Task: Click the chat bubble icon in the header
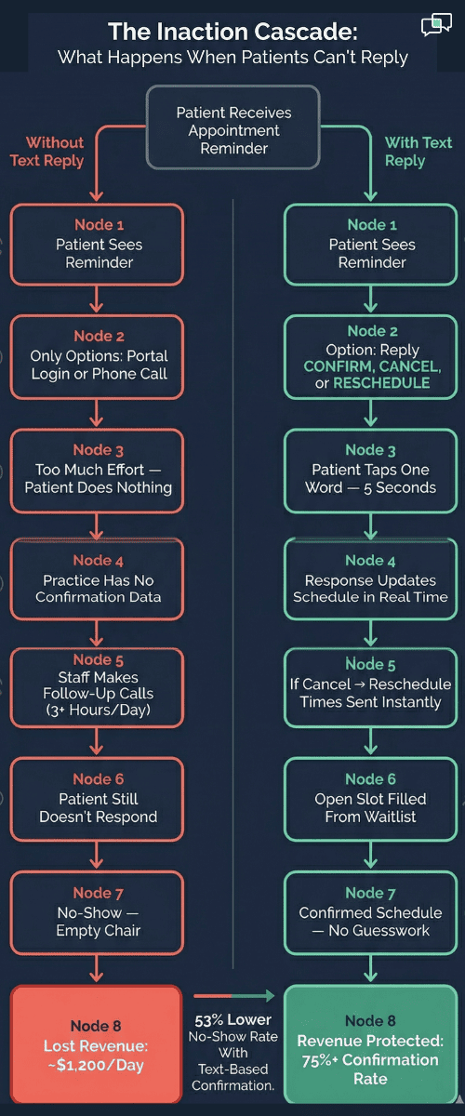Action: click(x=435, y=25)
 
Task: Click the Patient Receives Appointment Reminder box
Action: click(x=232, y=129)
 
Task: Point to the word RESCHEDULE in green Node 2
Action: click(x=381, y=383)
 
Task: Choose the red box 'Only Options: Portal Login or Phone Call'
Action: click(x=98, y=355)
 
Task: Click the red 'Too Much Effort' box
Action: click(x=98, y=470)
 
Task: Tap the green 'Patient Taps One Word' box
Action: click(x=370, y=470)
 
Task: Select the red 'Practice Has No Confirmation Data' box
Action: click(x=98, y=578)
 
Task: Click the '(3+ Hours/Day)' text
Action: click(x=98, y=711)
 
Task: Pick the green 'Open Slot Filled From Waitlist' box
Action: click(x=370, y=798)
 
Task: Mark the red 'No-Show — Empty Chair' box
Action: click(x=98, y=913)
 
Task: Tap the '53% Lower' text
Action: click(x=232, y=1019)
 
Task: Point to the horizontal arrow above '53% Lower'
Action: click(x=232, y=996)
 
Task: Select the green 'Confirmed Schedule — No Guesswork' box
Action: click(x=370, y=913)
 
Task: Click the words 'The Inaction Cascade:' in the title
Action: click(x=232, y=32)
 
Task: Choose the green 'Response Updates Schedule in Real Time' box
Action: click(x=370, y=578)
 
